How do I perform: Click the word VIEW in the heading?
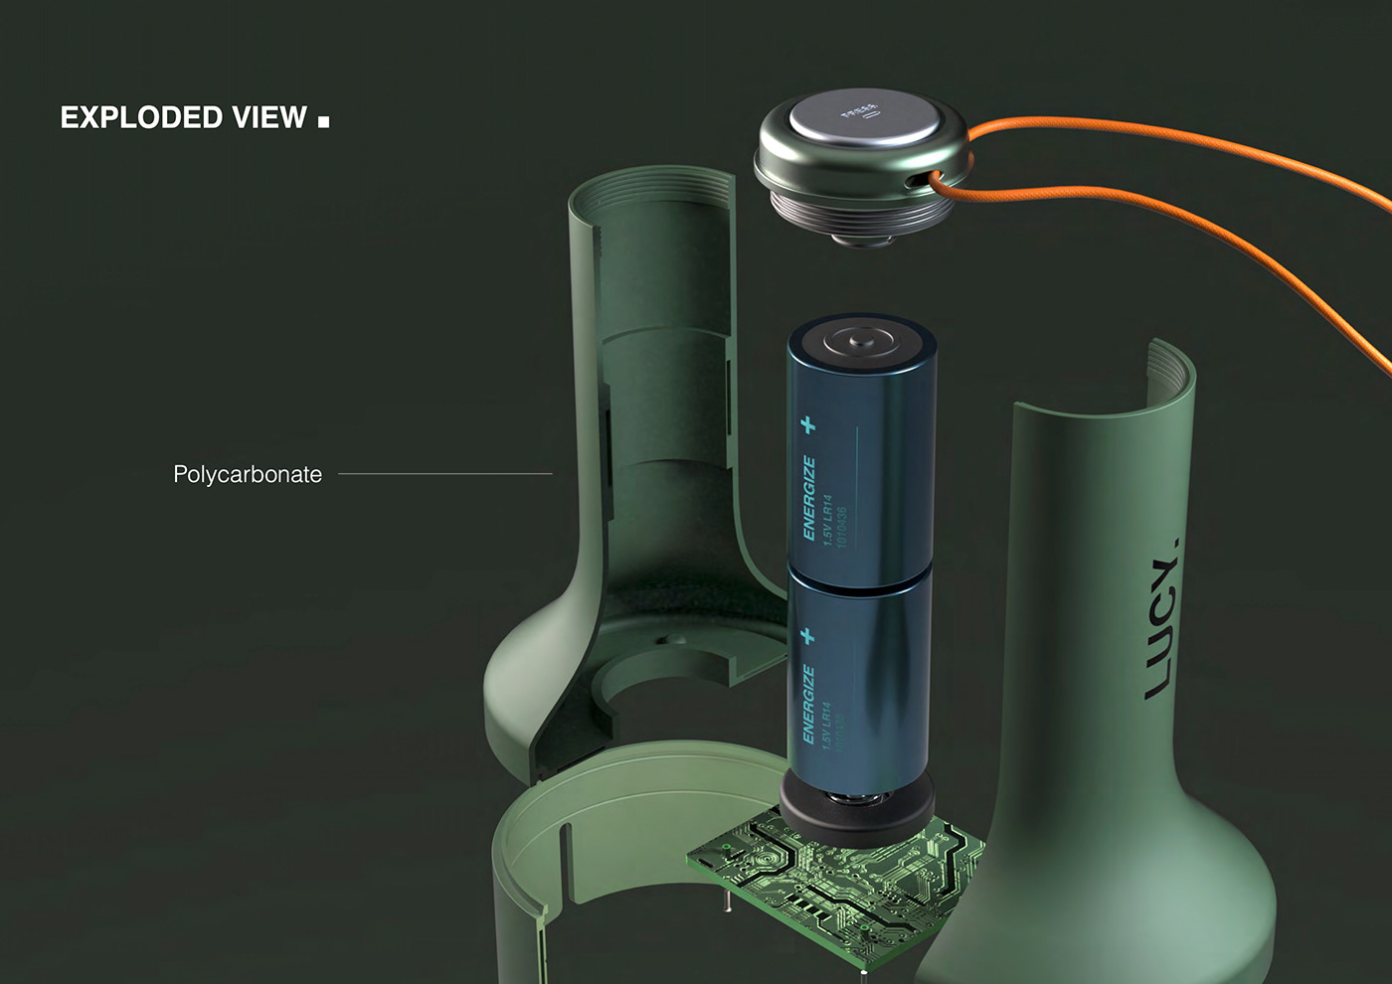[269, 117]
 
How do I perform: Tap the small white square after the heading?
[323, 122]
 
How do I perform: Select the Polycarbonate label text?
[248, 474]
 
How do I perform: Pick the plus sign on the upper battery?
[808, 425]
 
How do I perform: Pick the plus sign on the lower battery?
[807, 634]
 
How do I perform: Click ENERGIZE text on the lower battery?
[807, 705]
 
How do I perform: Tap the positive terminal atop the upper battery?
[861, 340]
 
